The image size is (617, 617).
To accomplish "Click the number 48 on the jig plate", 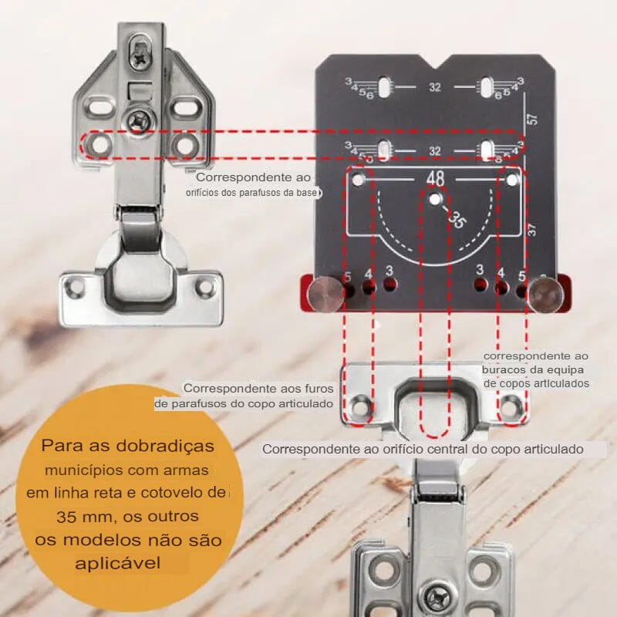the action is [435, 179].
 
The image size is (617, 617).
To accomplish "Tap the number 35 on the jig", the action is [457, 220].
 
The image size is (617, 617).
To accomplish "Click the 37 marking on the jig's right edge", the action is [532, 230].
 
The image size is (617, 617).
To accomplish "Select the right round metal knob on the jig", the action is [546, 293].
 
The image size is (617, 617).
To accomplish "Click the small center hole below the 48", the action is [434, 200].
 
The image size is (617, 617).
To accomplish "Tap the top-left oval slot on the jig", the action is [383, 87].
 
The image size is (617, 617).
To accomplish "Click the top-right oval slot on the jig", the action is [487, 87].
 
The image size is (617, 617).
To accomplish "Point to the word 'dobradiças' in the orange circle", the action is [165, 447].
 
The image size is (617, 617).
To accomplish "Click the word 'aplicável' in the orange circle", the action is [118, 563].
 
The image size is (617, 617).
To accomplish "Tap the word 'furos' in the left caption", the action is [319, 389].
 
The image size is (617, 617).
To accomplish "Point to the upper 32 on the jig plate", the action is [435, 87].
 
